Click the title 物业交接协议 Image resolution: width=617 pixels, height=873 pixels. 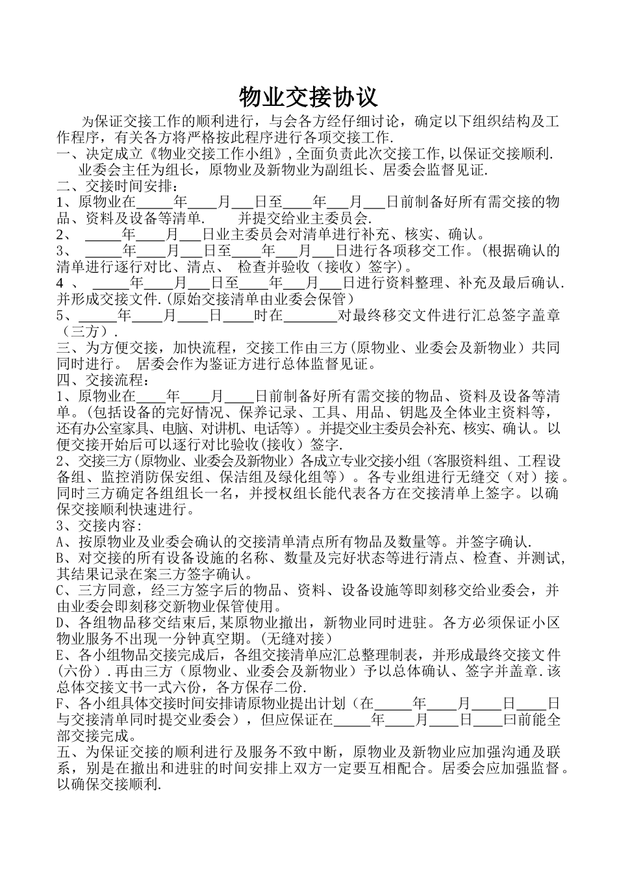308,97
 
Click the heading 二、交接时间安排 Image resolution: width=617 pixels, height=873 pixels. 113,186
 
